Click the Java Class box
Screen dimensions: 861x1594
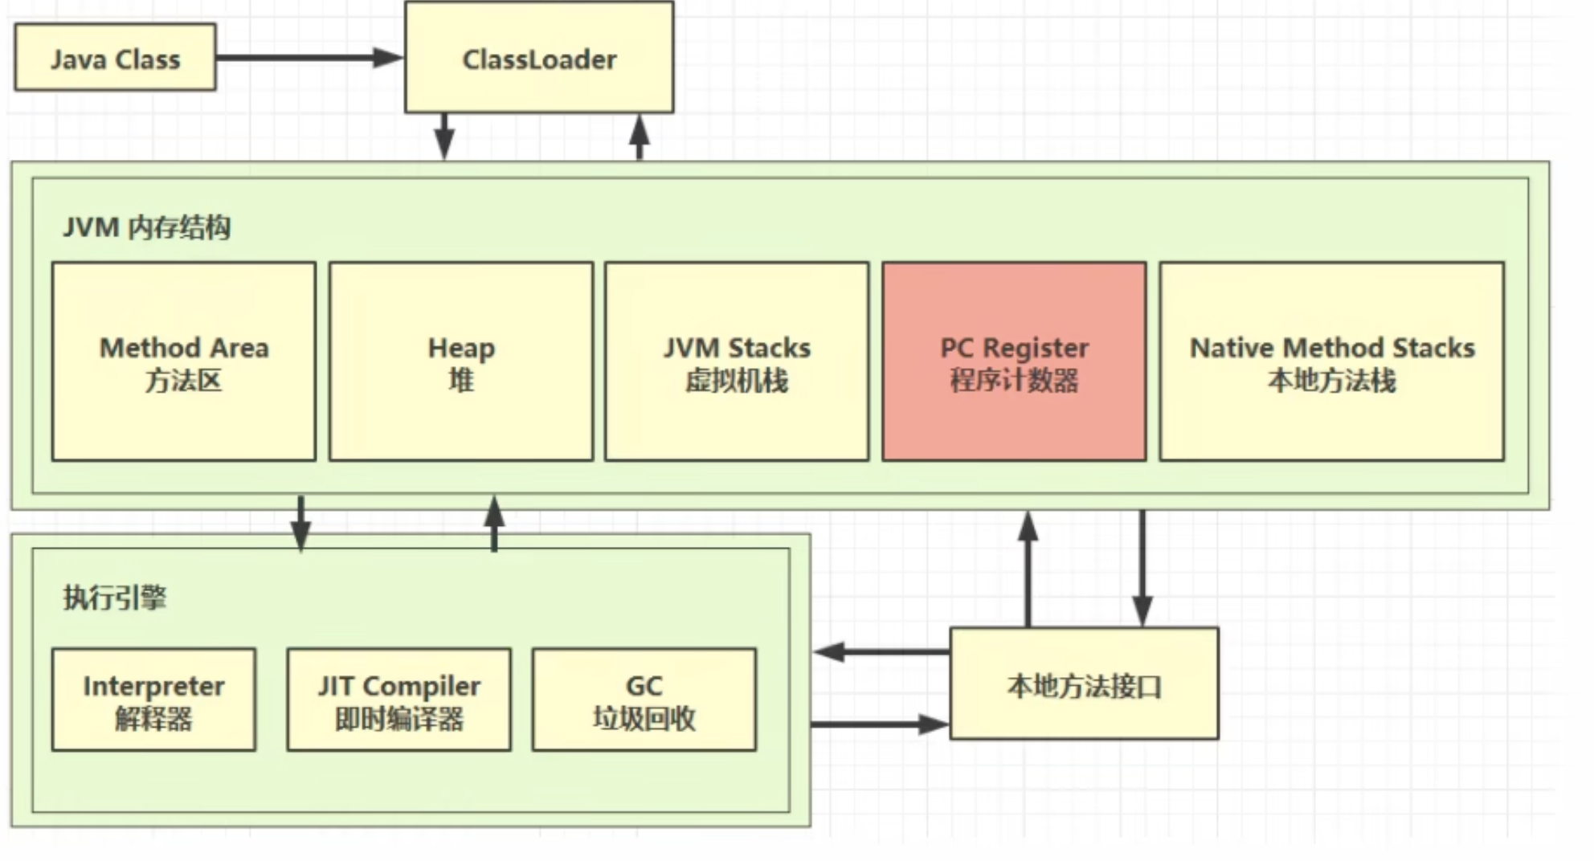tap(115, 57)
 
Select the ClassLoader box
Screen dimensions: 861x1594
tap(539, 57)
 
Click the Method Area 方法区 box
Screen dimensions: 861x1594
tap(184, 361)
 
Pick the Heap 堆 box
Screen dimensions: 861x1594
tap(461, 361)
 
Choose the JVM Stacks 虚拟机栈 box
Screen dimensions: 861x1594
tap(737, 361)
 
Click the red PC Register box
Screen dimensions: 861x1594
tap(1014, 361)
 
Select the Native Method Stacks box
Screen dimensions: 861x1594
tap(1331, 361)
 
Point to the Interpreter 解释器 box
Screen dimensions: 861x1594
tap(153, 700)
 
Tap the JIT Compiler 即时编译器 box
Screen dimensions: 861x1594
tap(398, 700)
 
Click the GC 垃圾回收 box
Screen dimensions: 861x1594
tap(644, 700)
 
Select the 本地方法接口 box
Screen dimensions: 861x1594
tap(1084, 683)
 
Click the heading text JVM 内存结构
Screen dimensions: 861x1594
tap(147, 227)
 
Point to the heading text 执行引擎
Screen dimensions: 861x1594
tap(115, 598)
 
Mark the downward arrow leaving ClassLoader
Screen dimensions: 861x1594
tap(444, 137)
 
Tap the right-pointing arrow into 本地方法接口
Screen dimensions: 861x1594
tap(880, 724)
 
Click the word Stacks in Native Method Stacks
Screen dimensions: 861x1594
tap(1433, 348)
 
